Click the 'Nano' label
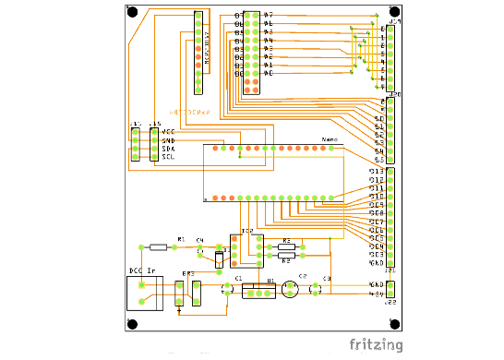329,140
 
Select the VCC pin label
168,132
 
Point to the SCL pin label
168,157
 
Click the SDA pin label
168,149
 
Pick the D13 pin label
377,172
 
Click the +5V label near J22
377,294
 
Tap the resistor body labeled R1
159,247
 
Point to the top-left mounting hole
133,13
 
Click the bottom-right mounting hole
393,323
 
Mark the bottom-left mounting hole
133,324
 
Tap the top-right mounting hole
393,13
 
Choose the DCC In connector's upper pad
140,285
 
